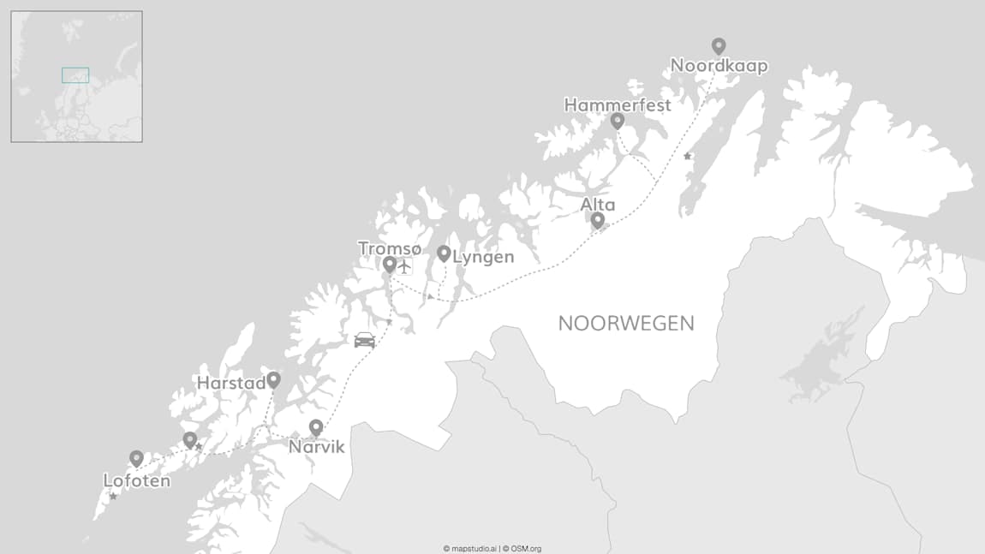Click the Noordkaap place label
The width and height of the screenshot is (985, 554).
pyautogui.click(x=719, y=66)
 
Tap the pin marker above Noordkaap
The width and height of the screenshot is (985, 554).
pyautogui.click(x=719, y=46)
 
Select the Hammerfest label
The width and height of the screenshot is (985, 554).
pyautogui.click(x=617, y=105)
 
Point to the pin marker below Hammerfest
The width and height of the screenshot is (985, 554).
pyautogui.click(x=617, y=121)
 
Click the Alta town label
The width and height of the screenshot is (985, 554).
pyautogui.click(x=597, y=205)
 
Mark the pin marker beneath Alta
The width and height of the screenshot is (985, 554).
pyautogui.click(x=598, y=220)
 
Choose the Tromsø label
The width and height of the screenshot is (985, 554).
pyautogui.click(x=390, y=248)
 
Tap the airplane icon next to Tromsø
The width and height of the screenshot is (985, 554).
pyautogui.click(x=405, y=265)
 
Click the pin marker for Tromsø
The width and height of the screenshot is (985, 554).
pyautogui.click(x=390, y=264)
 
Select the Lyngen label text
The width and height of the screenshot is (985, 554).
pyautogui.click(x=483, y=257)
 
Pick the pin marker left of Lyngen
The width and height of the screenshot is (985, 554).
pyautogui.click(x=444, y=253)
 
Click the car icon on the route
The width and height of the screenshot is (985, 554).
pyautogui.click(x=365, y=340)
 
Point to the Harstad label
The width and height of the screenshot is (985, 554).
pyautogui.click(x=230, y=384)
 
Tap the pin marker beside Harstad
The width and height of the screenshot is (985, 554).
pyautogui.click(x=273, y=379)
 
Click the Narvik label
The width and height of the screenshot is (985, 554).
pyautogui.click(x=316, y=447)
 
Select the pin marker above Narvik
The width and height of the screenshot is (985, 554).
pyautogui.click(x=316, y=426)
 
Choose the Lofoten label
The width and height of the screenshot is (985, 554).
pyautogui.click(x=136, y=481)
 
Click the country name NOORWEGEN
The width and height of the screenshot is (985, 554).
pyautogui.click(x=626, y=324)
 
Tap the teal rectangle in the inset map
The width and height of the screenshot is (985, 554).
pyautogui.click(x=75, y=75)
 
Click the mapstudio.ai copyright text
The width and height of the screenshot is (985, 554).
pyautogui.click(x=469, y=549)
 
